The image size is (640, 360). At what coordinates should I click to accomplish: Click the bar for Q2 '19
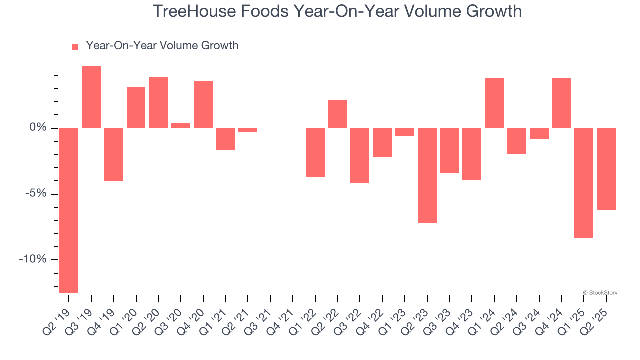[69, 210]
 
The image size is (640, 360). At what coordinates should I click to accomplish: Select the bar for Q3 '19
[91, 97]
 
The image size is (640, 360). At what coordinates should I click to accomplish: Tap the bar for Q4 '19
[114, 154]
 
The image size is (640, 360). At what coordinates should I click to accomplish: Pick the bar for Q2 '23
[427, 175]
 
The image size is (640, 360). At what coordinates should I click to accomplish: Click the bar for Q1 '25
[584, 183]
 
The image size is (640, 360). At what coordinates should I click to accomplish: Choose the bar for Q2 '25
[606, 169]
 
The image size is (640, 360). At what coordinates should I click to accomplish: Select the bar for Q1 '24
[494, 103]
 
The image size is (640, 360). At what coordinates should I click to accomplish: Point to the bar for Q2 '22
[338, 114]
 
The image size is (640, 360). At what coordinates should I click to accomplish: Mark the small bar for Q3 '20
[181, 125]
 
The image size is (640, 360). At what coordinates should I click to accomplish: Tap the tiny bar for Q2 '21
[248, 130]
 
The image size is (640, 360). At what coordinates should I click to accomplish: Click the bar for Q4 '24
[561, 103]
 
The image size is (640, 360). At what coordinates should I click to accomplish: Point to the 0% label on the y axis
[38, 128]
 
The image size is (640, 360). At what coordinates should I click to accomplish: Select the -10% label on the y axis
[33, 259]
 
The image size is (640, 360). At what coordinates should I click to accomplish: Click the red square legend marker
[75, 46]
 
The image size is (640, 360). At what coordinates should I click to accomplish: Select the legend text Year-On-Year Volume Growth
[162, 46]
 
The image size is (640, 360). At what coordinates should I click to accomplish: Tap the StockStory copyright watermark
[600, 293]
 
